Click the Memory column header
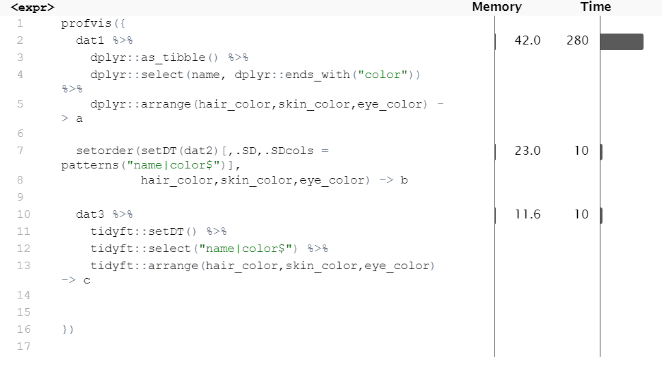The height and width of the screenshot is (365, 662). (496, 7)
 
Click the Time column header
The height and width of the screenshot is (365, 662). (595, 7)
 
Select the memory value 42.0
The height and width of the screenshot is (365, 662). (527, 40)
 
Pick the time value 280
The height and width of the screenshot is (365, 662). (577, 40)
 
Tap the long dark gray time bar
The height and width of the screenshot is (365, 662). (622, 42)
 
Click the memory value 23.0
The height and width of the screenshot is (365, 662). (527, 151)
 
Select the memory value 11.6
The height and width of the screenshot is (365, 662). (527, 214)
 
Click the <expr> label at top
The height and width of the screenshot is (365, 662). (33, 8)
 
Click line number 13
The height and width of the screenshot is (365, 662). (23, 266)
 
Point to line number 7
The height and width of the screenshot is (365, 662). (20, 151)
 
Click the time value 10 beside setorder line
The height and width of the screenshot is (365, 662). (581, 151)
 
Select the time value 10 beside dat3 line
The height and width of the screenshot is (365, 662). (581, 214)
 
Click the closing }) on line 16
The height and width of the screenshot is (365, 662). (68, 329)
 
